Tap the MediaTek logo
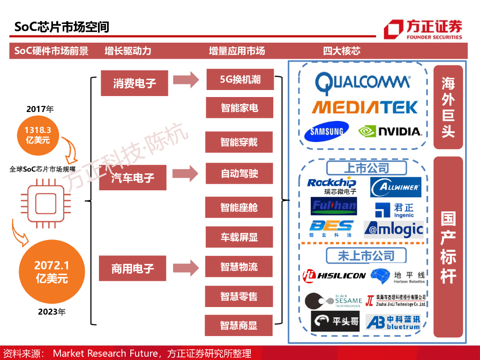(x=365, y=107)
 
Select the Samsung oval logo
(x=327, y=132)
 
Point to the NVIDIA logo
(x=390, y=131)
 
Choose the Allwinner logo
(x=396, y=187)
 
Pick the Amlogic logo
(x=394, y=230)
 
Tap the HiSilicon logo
(x=334, y=275)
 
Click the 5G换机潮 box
(x=240, y=79)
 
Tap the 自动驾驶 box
(x=239, y=174)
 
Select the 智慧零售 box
(x=239, y=296)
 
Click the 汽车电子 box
(x=133, y=178)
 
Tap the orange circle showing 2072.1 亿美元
(x=52, y=272)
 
